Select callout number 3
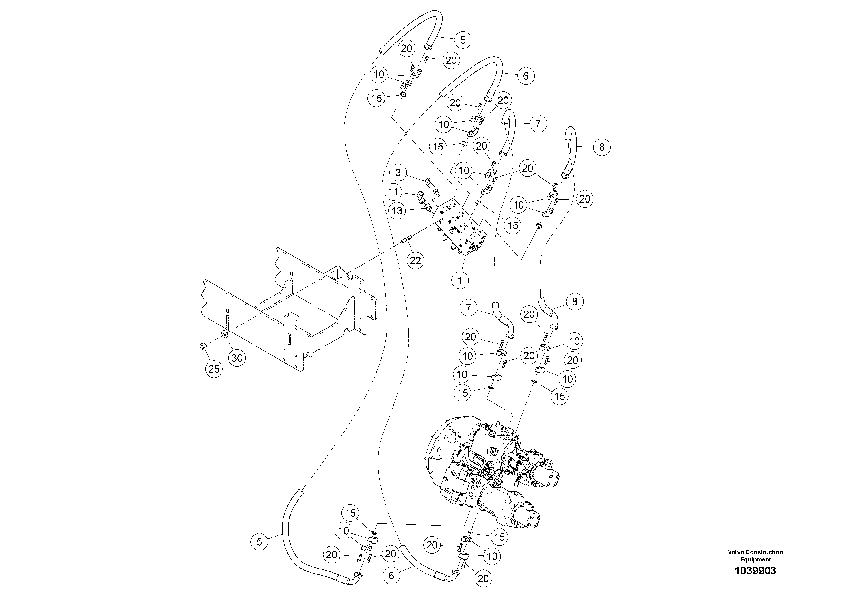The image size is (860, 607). (398, 173)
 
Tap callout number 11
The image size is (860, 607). (393, 192)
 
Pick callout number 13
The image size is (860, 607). (397, 211)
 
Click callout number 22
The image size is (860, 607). (415, 260)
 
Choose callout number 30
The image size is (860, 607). (237, 358)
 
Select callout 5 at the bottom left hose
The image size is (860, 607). (259, 541)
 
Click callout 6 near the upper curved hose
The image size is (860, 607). (525, 76)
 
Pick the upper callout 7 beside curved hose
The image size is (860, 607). (538, 124)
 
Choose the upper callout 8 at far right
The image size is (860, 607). (601, 147)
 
